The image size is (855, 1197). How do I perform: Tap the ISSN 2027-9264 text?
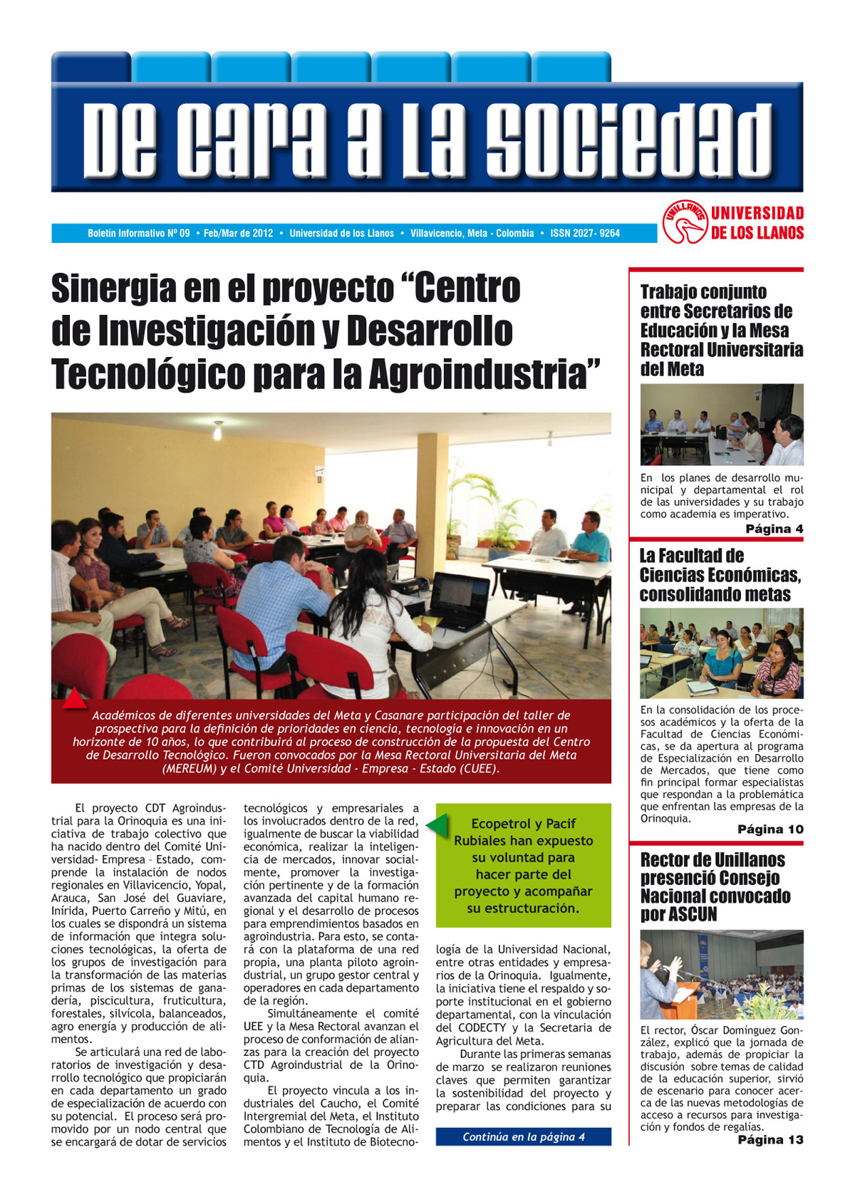coord(585,234)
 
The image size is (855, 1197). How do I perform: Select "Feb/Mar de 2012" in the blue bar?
coord(239,234)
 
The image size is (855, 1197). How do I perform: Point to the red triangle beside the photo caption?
coord(74,698)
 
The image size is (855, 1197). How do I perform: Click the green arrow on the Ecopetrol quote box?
coord(437,825)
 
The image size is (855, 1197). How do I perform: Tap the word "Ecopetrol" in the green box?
coord(502,824)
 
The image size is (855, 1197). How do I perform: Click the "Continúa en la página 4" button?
coord(524,1137)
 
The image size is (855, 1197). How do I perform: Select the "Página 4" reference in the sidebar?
coord(774,529)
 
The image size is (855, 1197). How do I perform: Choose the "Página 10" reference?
coord(770,829)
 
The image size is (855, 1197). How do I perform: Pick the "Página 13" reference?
coord(770,1140)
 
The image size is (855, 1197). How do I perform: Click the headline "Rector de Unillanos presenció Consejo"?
coord(712,869)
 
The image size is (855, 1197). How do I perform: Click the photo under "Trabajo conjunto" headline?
coord(721,425)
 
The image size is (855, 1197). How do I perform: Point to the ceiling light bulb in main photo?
coord(218,432)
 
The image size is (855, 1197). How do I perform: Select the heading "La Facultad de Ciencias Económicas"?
coord(720,574)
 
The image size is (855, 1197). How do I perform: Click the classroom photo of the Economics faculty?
coord(721,653)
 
